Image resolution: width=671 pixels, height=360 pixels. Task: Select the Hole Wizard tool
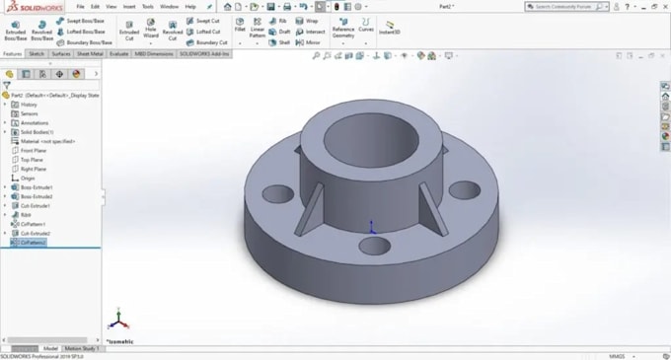click(x=150, y=29)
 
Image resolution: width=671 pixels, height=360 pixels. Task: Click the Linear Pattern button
click(x=257, y=29)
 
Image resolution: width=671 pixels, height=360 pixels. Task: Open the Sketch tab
click(x=37, y=54)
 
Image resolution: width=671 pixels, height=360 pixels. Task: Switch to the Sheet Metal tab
click(x=91, y=54)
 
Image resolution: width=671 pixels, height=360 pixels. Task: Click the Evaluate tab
click(x=120, y=54)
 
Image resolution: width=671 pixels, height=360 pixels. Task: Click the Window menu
click(x=169, y=6)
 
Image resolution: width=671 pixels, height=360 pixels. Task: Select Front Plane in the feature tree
click(x=35, y=150)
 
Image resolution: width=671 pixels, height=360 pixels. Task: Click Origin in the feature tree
click(x=28, y=178)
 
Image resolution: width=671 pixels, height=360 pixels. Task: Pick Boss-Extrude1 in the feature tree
click(x=37, y=186)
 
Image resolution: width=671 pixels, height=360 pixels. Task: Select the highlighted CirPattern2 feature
click(x=32, y=242)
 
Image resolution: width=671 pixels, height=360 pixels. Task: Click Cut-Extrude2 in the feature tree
click(x=36, y=233)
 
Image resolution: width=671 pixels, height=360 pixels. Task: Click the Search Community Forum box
click(x=572, y=6)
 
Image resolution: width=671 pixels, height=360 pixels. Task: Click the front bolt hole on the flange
click(x=376, y=244)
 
